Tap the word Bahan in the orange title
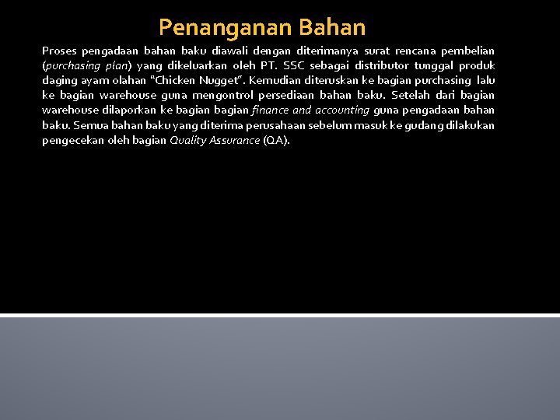click(x=331, y=28)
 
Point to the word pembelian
click(x=468, y=50)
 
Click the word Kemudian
click(x=274, y=80)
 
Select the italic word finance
click(x=271, y=110)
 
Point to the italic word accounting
click(x=343, y=110)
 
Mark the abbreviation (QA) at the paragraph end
click(x=276, y=141)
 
